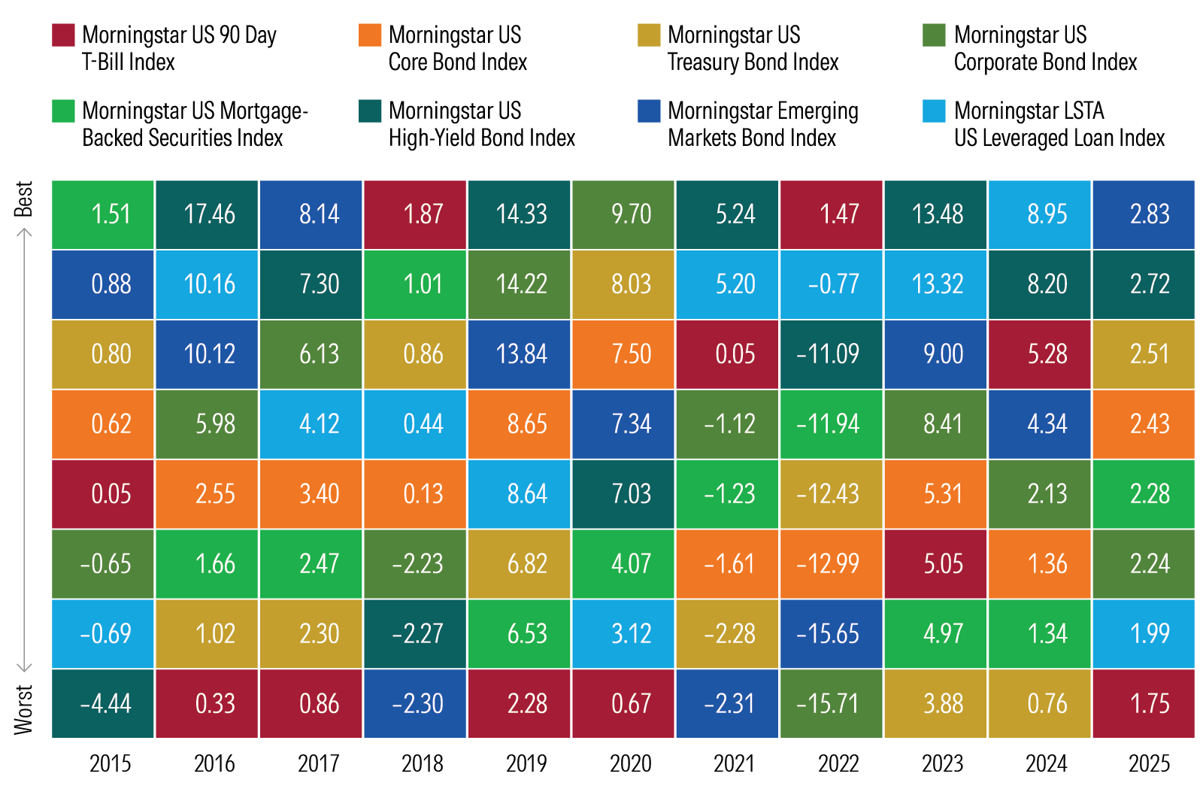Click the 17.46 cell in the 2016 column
[x=208, y=214]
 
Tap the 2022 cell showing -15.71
[x=832, y=704]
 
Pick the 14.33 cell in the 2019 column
[x=520, y=214]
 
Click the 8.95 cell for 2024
[x=1040, y=214]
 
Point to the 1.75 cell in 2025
[x=1144, y=704]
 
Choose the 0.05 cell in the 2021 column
[x=728, y=354]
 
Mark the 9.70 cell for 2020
[x=624, y=214]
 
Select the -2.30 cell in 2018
[x=416, y=704]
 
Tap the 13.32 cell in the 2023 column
[x=936, y=284]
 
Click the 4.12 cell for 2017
[x=312, y=424]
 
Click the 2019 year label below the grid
[x=526, y=764]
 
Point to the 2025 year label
[x=1150, y=764]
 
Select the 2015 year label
[x=111, y=764]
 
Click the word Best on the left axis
[x=24, y=199]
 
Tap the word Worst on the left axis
[x=24, y=709]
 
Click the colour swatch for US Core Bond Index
[x=370, y=35]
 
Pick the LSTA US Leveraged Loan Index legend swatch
[x=934, y=111]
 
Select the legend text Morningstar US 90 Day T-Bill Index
[x=179, y=48]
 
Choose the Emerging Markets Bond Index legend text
[x=762, y=124]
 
